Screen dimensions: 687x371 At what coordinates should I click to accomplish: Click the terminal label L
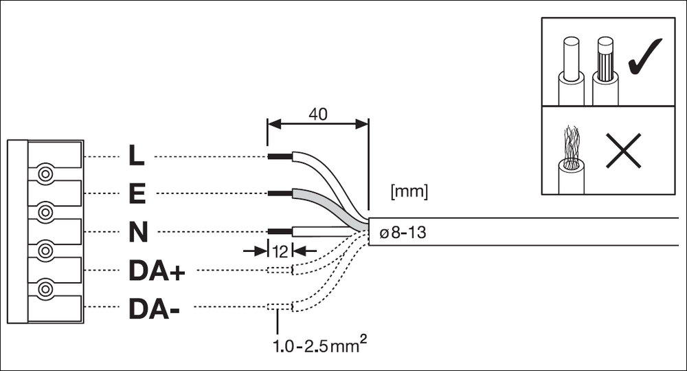click(x=137, y=156)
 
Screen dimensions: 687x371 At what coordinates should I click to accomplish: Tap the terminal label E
click(x=137, y=193)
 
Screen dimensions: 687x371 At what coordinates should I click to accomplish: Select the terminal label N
click(x=138, y=232)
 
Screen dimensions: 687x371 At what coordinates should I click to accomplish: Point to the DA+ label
click(x=157, y=271)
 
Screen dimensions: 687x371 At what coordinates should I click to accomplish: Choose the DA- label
click(x=154, y=308)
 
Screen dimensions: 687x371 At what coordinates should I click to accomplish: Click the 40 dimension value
click(x=317, y=114)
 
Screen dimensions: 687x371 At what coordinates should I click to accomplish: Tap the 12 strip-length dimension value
click(x=280, y=251)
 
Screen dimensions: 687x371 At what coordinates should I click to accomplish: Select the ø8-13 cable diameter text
click(x=403, y=232)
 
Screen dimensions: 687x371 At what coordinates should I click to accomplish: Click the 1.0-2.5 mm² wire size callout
click(x=320, y=345)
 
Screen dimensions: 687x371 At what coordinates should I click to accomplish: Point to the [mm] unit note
click(x=409, y=191)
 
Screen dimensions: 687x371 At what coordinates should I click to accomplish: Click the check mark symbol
click(x=645, y=56)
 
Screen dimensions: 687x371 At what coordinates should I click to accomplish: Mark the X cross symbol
click(x=624, y=151)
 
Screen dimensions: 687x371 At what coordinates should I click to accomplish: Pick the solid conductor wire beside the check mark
click(x=571, y=71)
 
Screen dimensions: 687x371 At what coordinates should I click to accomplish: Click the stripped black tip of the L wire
click(x=280, y=156)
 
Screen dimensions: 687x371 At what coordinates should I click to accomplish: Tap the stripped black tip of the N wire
click(x=280, y=231)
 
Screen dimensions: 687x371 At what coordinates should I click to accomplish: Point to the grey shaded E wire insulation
click(x=328, y=206)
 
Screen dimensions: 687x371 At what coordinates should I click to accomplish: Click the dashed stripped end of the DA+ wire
click(x=280, y=270)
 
